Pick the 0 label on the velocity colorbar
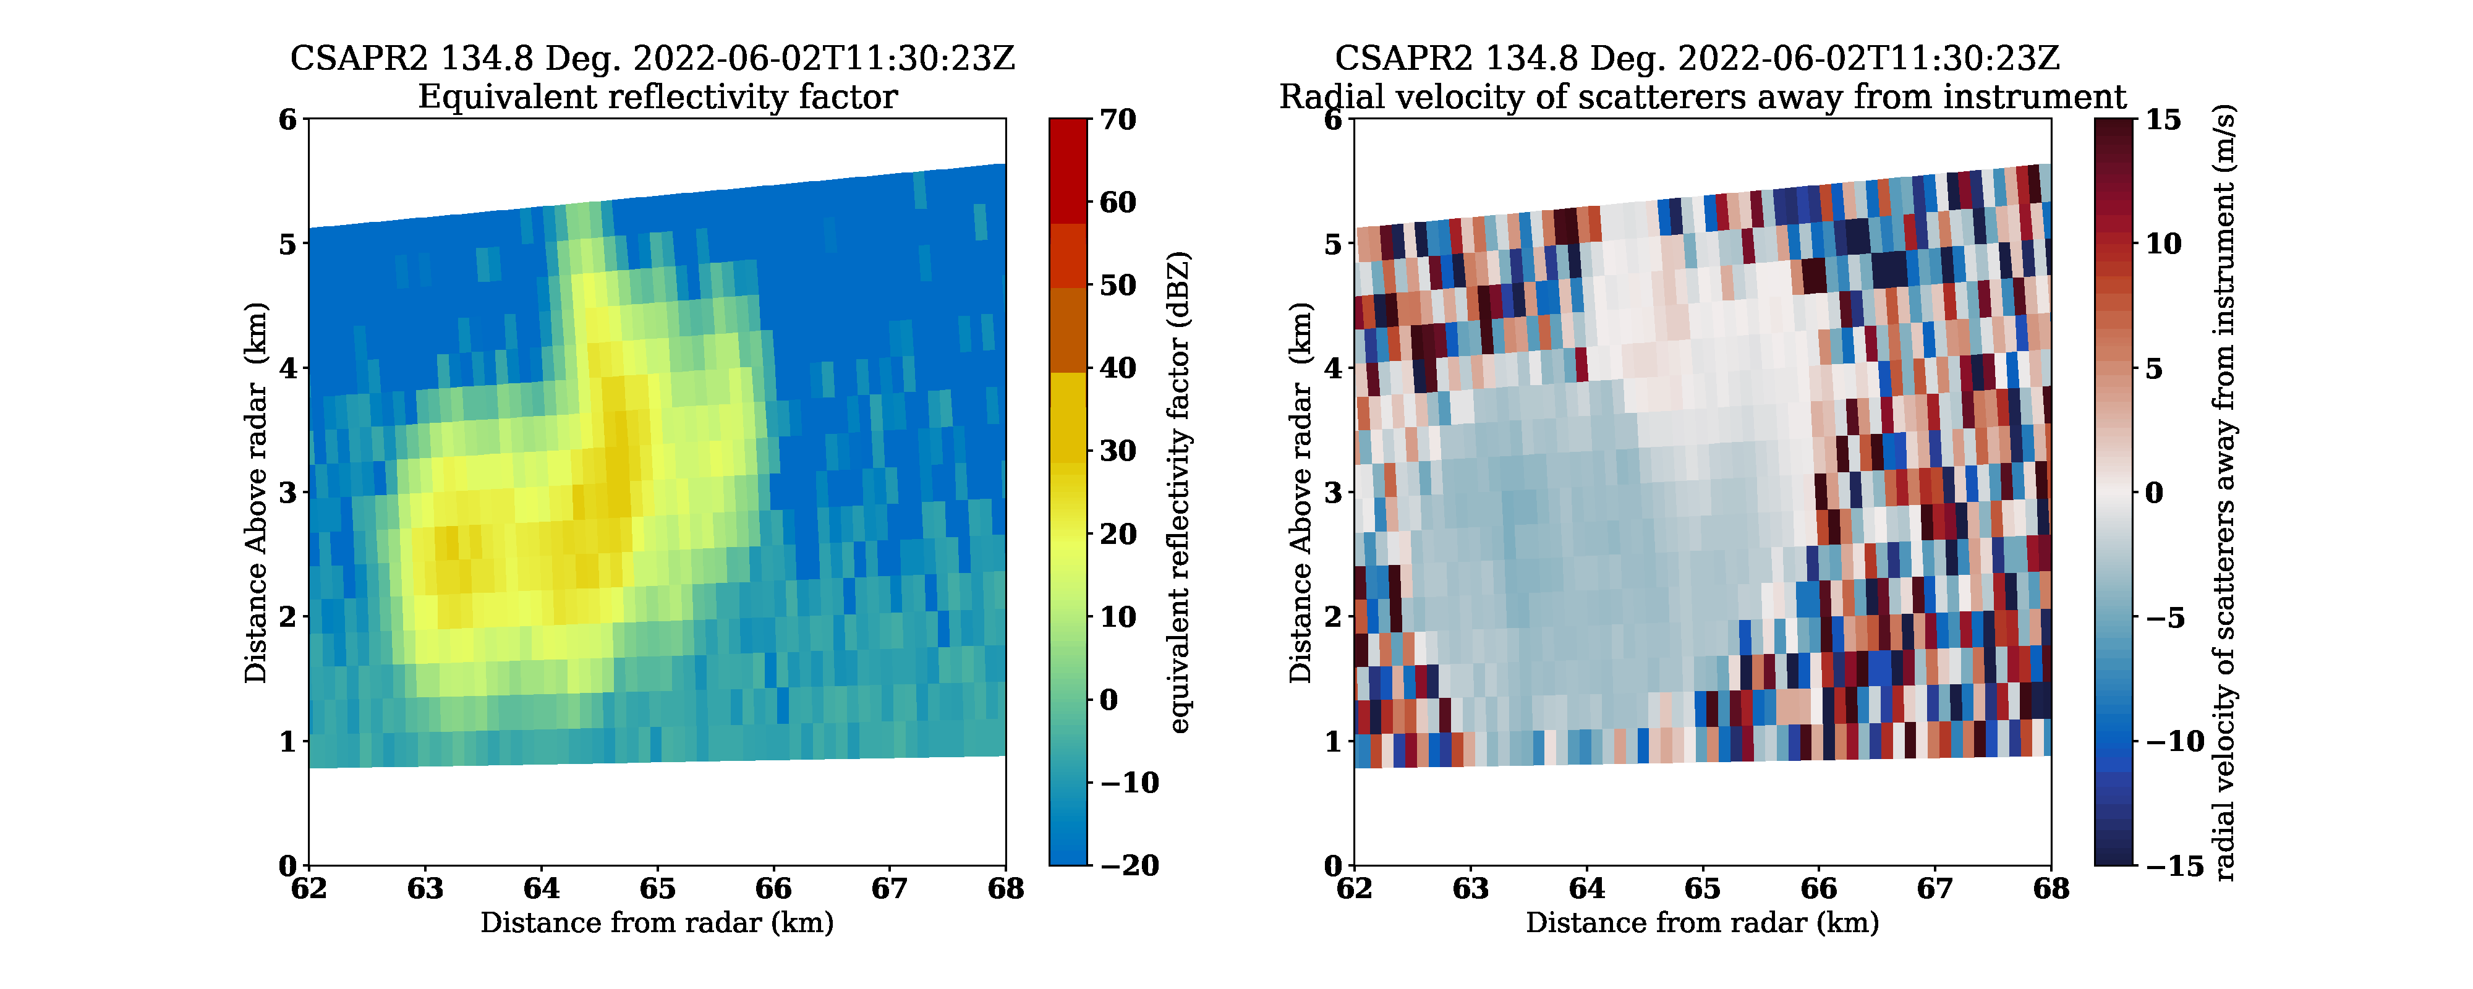[2154, 493]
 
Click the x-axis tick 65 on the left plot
[658, 889]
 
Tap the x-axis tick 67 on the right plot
[1935, 889]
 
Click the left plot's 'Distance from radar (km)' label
[658, 923]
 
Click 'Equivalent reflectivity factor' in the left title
[658, 97]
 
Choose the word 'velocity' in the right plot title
[1572, 97]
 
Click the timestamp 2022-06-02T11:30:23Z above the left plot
[824, 59]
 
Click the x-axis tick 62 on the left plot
[309, 889]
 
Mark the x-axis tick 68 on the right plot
[2051, 889]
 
